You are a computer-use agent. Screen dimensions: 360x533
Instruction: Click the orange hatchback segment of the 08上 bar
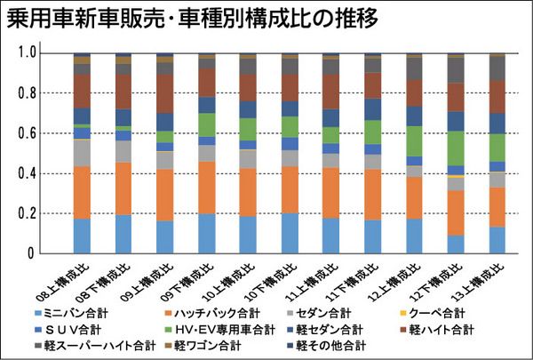tap(82, 192)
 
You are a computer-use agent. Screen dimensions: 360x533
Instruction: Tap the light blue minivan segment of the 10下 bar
tap(290, 233)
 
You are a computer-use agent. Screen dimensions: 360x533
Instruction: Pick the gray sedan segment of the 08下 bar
tap(123, 151)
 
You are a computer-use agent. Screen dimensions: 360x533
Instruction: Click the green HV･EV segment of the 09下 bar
tap(207, 124)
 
